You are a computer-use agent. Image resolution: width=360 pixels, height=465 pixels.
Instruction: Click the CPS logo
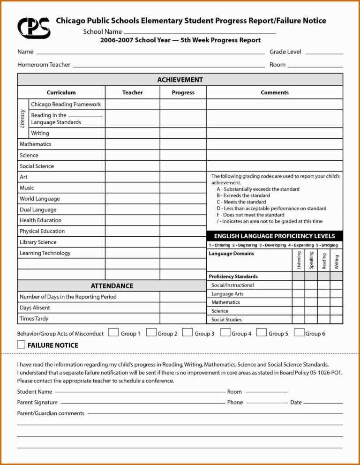[x=33, y=28]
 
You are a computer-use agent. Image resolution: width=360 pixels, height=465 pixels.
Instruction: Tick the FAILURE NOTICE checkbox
[x=21, y=345]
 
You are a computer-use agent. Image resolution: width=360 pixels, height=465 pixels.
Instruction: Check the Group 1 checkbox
[x=113, y=332]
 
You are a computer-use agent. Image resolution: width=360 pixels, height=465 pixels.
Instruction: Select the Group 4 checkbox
[x=225, y=332]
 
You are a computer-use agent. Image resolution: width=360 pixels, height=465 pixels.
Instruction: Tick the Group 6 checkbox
[x=299, y=332]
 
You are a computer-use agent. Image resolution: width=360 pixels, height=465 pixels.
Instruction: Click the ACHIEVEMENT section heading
[x=180, y=80]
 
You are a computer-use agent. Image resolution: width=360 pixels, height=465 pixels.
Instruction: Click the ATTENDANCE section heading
[x=112, y=286]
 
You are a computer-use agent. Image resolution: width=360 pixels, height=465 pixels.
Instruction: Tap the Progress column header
[x=183, y=92]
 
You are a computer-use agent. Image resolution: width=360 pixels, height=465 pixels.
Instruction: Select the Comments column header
[x=274, y=92]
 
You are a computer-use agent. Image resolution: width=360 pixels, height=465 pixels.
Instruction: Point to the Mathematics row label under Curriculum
[x=36, y=144]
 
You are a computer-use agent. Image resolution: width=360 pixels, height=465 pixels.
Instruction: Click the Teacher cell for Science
[x=132, y=155]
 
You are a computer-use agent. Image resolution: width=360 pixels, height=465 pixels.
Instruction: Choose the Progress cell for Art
[x=183, y=177]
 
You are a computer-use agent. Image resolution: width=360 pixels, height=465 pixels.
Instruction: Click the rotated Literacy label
[x=23, y=119]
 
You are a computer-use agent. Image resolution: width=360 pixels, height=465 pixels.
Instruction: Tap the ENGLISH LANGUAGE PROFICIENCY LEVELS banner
[x=274, y=236]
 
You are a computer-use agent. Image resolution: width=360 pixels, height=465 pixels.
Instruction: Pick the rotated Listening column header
[x=299, y=260]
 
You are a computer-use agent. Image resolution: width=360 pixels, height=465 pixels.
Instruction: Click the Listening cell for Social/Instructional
[x=299, y=285]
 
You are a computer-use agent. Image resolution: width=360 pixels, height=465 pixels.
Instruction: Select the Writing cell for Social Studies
[x=336, y=319]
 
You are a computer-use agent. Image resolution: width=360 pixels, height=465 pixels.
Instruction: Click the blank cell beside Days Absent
[x=183, y=308]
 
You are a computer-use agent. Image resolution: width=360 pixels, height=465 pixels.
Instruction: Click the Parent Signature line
[x=143, y=402]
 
